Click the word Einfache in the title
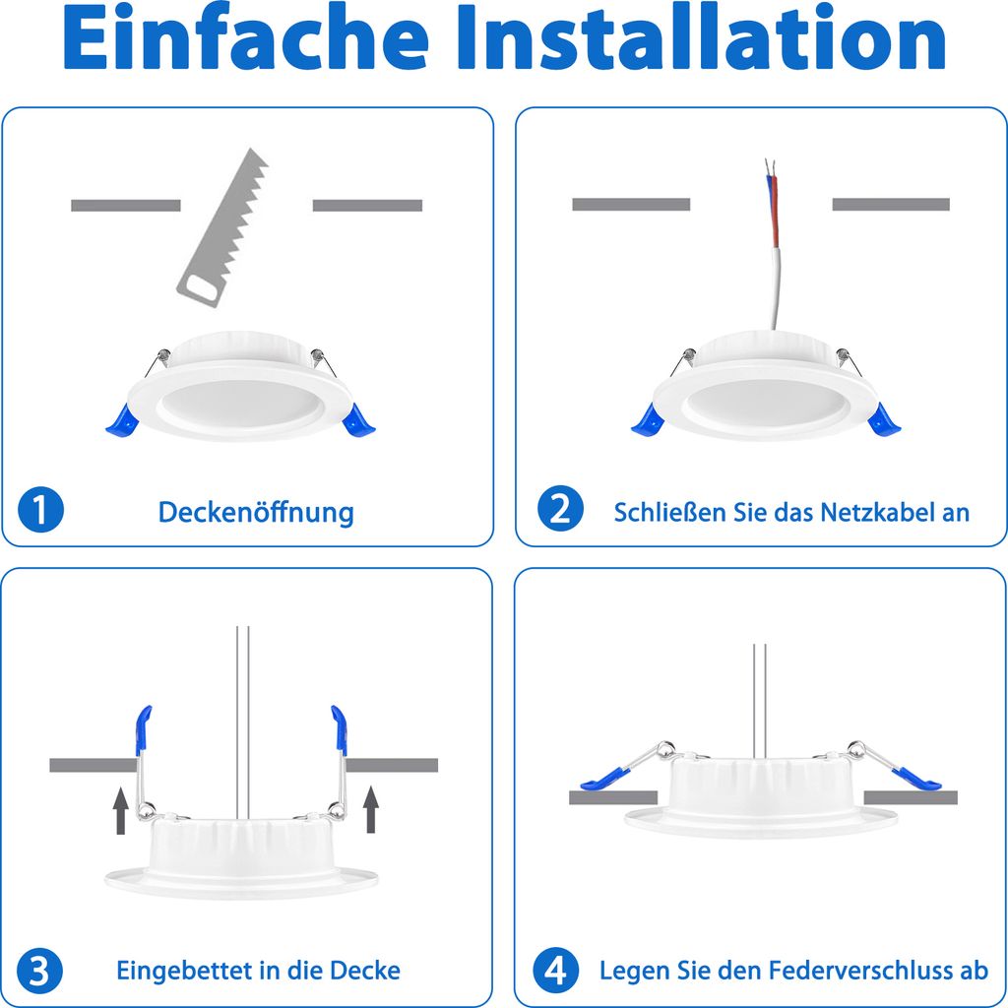click(x=245, y=38)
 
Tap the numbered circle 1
click(x=40, y=510)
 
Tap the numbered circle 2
click(x=560, y=508)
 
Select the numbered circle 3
click(x=39, y=970)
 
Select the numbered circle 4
click(x=556, y=970)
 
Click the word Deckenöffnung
click(x=256, y=512)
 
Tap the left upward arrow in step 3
click(x=120, y=810)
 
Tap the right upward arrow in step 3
click(x=371, y=809)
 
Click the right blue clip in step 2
click(x=884, y=419)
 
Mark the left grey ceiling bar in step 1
click(x=126, y=205)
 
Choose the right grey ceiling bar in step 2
click(x=891, y=204)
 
